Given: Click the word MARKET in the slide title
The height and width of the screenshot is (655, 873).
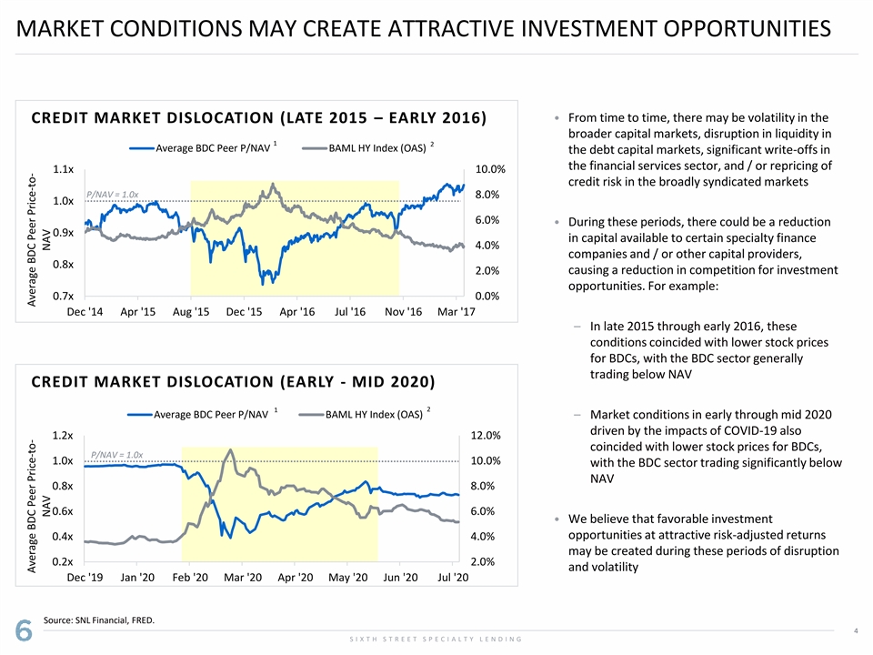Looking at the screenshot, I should (67, 29).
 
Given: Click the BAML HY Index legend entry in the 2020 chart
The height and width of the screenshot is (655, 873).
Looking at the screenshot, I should (373, 415).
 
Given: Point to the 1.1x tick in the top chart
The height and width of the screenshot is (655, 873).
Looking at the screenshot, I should (64, 169).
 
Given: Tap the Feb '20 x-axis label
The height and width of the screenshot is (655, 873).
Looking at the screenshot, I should (188, 578).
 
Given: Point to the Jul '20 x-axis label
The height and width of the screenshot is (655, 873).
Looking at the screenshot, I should (451, 578).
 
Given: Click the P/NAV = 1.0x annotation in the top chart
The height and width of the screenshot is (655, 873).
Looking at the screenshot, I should (112, 194).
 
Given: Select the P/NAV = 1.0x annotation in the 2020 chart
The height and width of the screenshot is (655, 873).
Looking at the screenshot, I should (116, 454).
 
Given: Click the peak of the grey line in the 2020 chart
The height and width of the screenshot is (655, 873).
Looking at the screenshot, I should (231, 449).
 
